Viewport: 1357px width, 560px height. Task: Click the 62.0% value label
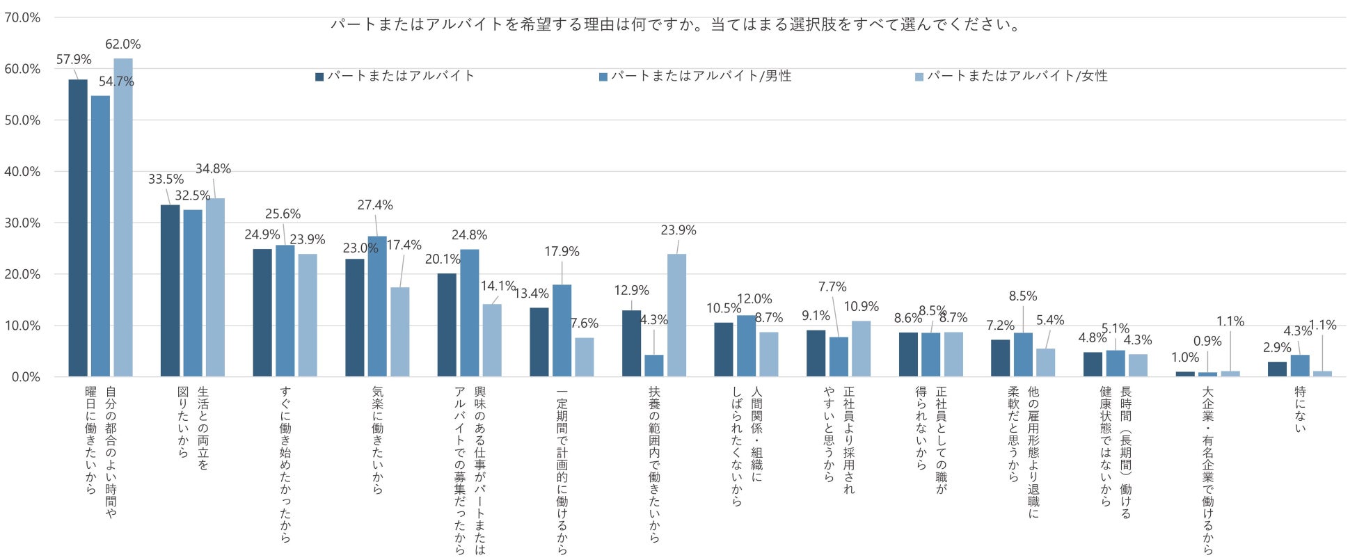[x=122, y=44]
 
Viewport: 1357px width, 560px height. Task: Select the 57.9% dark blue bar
[x=78, y=228]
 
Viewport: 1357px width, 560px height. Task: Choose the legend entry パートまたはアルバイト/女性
[x=1011, y=76]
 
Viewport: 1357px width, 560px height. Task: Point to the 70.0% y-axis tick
[x=22, y=17]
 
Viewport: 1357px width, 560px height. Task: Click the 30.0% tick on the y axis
[x=22, y=223]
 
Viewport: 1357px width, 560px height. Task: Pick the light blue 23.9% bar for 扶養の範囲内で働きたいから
[x=676, y=315]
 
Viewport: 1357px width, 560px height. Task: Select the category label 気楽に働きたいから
[x=377, y=440]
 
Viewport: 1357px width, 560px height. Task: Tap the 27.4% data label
[x=375, y=205]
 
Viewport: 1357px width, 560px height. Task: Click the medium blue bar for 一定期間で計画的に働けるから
[x=562, y=330]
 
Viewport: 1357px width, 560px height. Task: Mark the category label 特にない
[x=1300, y=409]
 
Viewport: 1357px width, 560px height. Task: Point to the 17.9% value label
[x=562, y=251]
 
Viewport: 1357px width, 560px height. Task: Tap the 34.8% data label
[x=213, y=169]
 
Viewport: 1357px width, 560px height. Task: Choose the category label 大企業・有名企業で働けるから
[x=1207, y=471]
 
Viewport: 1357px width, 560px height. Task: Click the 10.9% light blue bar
[x=861, y=349]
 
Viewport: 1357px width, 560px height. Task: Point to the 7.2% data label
[x=1000, y=326]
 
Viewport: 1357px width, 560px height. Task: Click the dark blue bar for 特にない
[x=1277, y=369]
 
